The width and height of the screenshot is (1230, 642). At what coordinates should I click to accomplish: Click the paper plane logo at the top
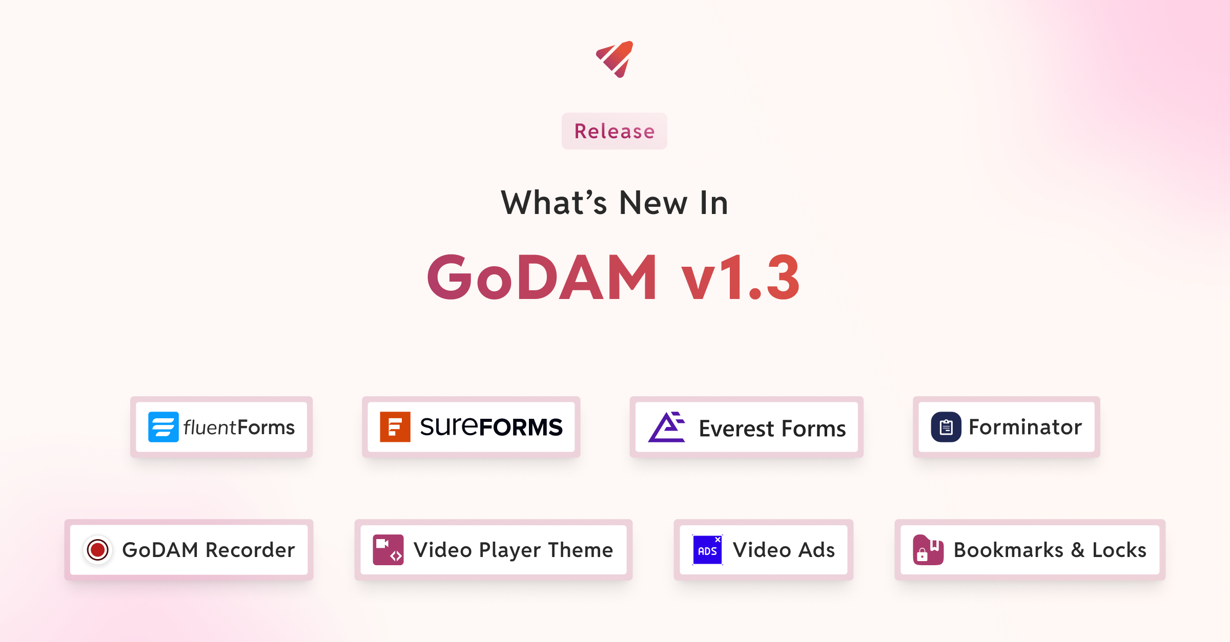[615, 59]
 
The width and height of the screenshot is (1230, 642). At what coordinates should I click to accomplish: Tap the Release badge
[614, 131]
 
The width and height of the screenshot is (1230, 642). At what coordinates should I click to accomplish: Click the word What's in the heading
[553, 203]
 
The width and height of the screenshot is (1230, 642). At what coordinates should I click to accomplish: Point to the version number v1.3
[740, 278]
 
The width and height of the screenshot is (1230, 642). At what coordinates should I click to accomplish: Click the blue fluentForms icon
[163, 427]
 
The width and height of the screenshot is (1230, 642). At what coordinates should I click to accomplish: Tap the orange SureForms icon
[395, 427]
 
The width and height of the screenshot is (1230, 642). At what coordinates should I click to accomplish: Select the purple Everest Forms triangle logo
[667, 427]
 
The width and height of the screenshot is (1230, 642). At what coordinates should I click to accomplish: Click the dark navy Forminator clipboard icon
[946, 427]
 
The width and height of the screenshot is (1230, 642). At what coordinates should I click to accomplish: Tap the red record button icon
[97, 550]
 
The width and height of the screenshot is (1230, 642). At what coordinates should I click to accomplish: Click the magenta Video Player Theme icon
[388, 550]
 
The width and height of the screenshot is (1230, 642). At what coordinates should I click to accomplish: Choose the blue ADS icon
[707, 550]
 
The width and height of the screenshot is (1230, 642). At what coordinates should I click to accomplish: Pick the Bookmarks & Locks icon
[928, 550]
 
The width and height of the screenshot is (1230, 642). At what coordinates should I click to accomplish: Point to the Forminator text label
[1025, 427]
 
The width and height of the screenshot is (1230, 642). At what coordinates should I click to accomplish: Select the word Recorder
[250, 550]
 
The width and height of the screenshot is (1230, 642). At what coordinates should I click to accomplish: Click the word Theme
[580, 550]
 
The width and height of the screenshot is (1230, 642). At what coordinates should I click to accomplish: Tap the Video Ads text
[784, 550]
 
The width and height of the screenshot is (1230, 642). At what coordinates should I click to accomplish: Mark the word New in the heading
[653, 203]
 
